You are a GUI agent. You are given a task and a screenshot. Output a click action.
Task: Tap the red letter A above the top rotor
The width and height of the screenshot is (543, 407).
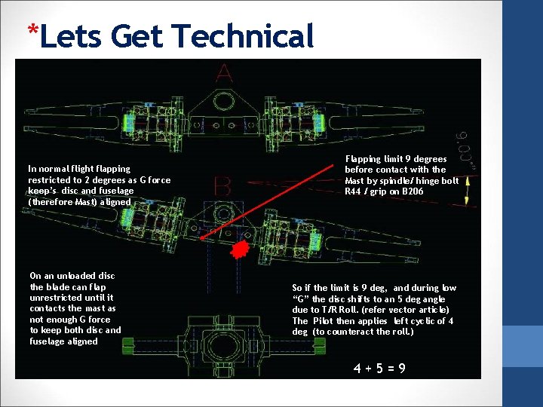coord(224,74)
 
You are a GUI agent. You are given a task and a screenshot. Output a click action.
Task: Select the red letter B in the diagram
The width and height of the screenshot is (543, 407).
coord(222,186)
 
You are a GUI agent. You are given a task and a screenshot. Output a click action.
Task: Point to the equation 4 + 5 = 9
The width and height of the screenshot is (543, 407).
coord(380,368)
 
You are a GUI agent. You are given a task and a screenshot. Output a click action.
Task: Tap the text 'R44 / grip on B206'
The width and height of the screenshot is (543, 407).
coord(384,191)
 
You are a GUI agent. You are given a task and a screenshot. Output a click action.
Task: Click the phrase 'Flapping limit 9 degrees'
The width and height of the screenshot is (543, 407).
coord(395,159)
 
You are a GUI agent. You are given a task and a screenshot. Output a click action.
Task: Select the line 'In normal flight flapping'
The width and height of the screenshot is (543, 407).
coord(79,169)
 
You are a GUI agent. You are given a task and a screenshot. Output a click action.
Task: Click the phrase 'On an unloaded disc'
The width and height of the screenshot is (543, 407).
coord(72,276)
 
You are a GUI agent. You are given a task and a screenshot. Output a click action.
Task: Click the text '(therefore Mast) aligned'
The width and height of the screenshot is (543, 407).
coord(79,202)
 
